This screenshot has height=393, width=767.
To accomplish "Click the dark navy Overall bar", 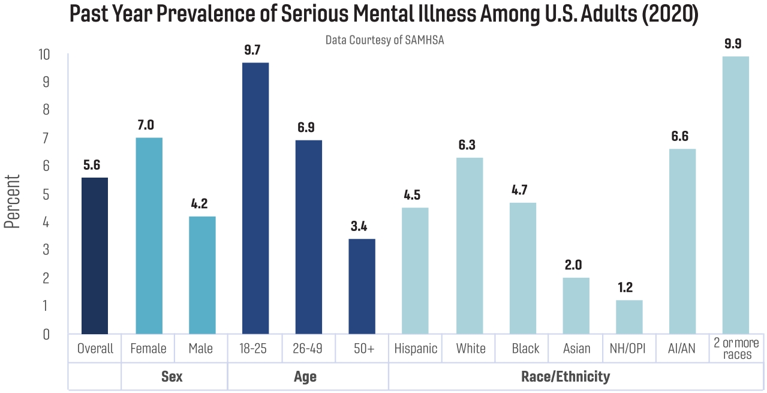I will coord(95,256).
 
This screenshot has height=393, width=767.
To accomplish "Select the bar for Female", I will coord(149,236).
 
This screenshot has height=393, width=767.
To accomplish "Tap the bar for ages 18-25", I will coord(255,198).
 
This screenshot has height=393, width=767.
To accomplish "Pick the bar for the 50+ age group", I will coord(362,286).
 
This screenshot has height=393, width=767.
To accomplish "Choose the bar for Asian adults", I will coord(576,305).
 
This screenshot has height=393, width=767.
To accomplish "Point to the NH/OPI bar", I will coord(629,317).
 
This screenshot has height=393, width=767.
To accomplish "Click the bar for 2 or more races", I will coord(736,195).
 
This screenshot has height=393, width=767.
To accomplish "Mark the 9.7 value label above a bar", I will coord(255,50).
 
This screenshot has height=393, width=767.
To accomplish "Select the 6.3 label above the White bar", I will coord(470,145).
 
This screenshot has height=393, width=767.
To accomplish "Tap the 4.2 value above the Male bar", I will coord(202,204).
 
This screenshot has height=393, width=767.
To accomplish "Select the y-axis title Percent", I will coord(13,201).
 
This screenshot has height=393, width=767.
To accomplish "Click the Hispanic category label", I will coord(416,349).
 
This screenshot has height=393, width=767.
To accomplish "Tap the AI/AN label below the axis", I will coord(682,349).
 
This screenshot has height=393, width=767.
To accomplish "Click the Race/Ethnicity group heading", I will coord(566,377).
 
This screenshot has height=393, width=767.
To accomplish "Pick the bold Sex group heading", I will coord(172,377).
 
